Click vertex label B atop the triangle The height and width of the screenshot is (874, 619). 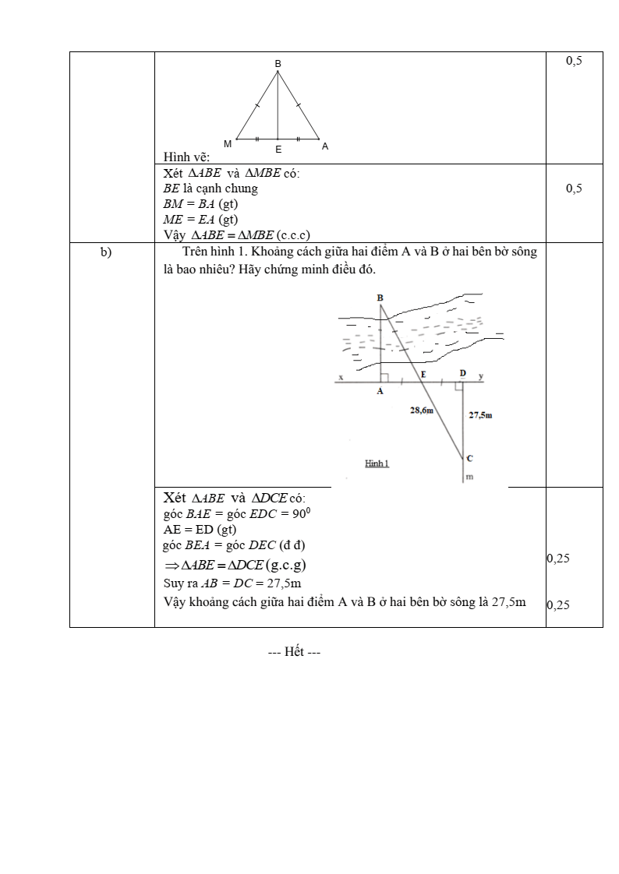tap(278, 62)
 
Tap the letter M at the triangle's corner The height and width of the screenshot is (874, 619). tap(228, 144)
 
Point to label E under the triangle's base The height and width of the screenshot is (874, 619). tap(278, 148)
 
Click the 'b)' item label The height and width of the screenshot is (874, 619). tap(107, 252)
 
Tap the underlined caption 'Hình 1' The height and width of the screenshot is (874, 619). tap(377, 463)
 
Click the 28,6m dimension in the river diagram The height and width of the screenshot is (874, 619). tap(422, 410)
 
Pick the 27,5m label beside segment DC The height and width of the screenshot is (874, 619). tap(480, 415)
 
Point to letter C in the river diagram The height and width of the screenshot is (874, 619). tap(469, 458)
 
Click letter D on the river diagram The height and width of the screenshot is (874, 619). tap(462, 373)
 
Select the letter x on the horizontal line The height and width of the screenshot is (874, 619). tap(341, 378)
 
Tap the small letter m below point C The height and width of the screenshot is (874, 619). tap(469, 476)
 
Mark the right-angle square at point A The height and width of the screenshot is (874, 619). tap(384, 378)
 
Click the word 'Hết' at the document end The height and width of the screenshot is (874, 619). tap(295, 652)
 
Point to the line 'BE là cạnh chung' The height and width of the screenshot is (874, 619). tap(210, 189)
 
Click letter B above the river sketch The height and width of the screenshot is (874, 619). tap(380, 298)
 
